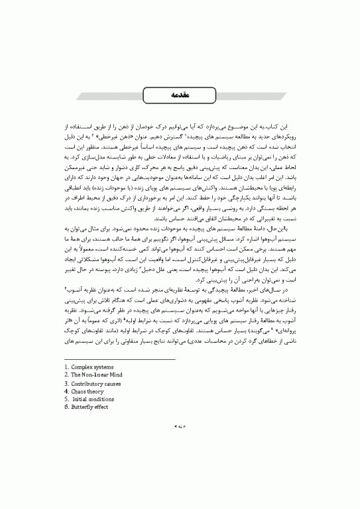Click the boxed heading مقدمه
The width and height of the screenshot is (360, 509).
click(180, 95)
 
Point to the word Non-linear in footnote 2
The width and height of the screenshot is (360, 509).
click(97, 392)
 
